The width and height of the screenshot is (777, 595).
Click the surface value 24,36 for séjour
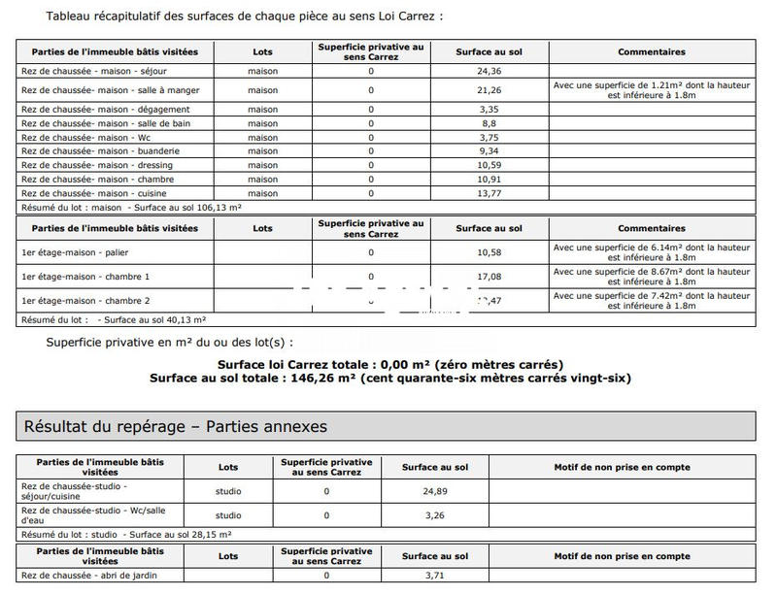click(489, 71)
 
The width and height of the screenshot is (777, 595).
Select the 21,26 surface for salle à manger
click(489, 90)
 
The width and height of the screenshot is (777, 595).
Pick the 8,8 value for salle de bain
click(489, 123)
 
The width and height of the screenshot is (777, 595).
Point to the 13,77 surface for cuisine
click(489, 193)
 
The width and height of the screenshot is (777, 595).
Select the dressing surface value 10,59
click(489, 165)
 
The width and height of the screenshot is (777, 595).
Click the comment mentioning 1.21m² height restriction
click(651, 90)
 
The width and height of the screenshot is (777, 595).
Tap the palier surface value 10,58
click(489, 252)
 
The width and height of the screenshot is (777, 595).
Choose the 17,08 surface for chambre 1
click(489, 277)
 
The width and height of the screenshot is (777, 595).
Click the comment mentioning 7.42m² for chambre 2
click(651, 301)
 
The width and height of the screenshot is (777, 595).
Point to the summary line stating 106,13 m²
click(131, 208)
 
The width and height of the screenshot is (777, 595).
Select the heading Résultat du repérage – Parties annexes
click(176, 426)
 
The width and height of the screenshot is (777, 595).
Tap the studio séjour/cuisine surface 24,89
click(434, 491)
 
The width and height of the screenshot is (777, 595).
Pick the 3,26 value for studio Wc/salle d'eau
click(434, 515)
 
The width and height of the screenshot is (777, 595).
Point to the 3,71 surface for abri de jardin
click(434, 576)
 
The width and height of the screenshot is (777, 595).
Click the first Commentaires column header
click(651, 52)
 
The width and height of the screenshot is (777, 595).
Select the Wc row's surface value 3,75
click(489, 138)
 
